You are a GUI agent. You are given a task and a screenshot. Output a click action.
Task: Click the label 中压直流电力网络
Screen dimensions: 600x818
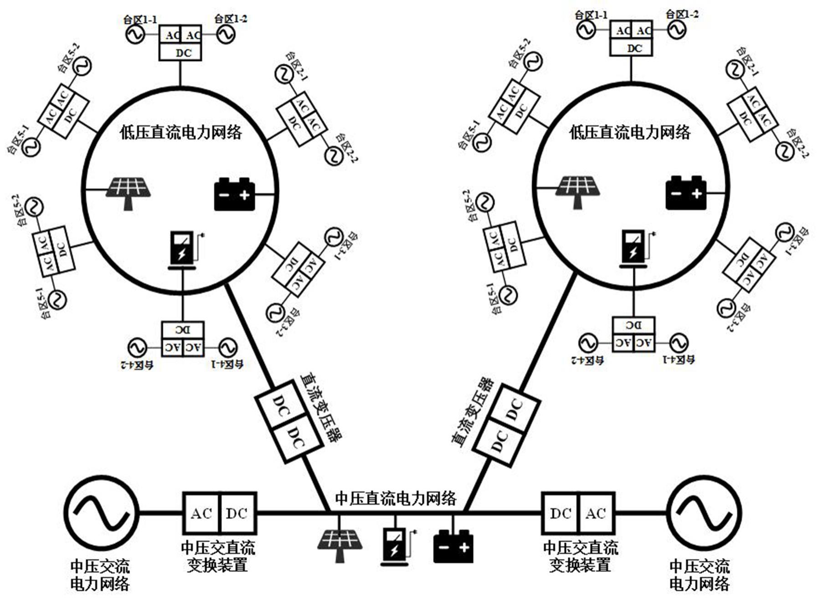pos(396,498)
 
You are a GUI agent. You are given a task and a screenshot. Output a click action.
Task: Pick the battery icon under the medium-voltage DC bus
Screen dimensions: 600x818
pos(453,546)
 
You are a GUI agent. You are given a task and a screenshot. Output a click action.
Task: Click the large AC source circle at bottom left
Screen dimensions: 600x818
pos(101,513)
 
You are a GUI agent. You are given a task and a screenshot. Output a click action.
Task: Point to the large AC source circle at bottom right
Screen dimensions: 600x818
pos(704,513)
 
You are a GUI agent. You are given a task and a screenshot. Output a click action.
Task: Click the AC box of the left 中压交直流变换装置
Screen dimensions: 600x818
pos(201,513)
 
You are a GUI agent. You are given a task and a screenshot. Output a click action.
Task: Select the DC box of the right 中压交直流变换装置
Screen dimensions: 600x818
pos(560,513)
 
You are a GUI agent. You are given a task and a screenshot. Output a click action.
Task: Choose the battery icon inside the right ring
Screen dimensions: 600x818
pos(686,193)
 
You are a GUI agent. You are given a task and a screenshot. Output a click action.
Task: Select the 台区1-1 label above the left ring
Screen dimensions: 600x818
pos(140,20)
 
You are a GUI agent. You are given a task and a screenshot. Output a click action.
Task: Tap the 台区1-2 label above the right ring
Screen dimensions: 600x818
pos(682,14)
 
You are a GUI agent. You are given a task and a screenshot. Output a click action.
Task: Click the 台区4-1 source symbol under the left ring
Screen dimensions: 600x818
pos(227,348)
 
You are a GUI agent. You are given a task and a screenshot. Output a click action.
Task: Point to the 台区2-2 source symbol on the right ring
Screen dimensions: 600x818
pos(785,151)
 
